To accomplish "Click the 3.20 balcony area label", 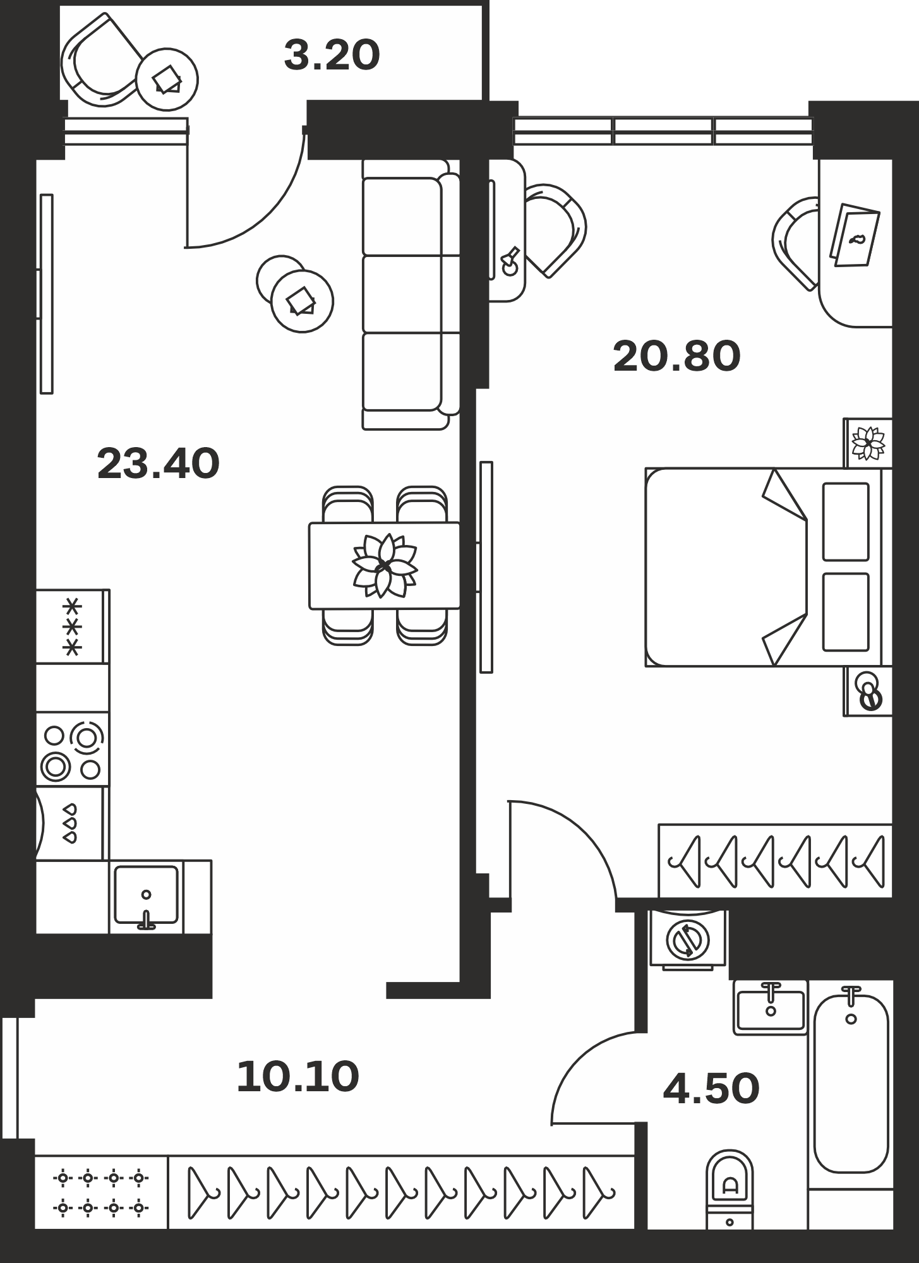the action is click(332, 55).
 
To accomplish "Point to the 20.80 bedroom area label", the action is click(676, 356).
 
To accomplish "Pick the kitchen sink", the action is click(146, 895).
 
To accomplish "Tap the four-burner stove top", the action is click(72, 750).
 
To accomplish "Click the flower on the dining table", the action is click(384, 565).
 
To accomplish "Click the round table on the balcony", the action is click(167, 80).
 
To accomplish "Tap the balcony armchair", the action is click(101, 60).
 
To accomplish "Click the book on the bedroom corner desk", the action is click(855, 235).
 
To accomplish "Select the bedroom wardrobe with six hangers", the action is click(776, 860).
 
